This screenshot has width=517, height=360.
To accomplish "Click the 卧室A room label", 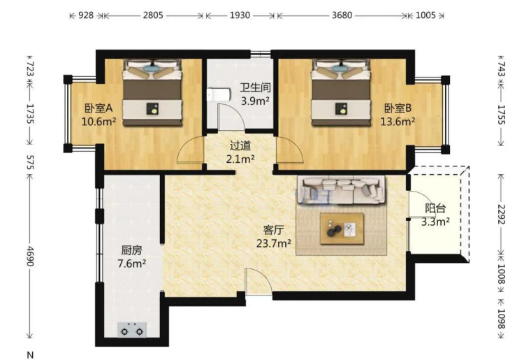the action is [99, 108].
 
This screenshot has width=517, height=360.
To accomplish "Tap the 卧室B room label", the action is [398, 108].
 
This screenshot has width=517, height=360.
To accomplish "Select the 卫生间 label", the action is [255, 87].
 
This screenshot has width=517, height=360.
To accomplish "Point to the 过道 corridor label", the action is [240, 145].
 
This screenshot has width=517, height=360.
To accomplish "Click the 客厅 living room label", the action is [274, 230].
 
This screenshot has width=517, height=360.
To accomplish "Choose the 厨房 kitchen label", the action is [131, 250].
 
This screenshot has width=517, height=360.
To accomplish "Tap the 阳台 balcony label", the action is [435, 208].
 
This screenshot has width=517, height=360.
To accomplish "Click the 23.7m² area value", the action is [274, 243].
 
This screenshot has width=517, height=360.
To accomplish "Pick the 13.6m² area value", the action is [398, 122].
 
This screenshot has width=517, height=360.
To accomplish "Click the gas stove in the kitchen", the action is [132, 330].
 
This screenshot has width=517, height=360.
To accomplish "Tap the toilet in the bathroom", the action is [218, 94].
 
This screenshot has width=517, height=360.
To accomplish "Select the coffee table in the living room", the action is [342, 229].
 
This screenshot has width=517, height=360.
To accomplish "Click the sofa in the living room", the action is [341, 190].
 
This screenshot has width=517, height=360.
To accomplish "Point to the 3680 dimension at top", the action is [342, 15].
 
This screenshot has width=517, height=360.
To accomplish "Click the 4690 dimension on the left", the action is [30, 256].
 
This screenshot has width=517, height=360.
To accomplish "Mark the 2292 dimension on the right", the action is [501, 215].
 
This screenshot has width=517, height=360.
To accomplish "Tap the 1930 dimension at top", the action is [240, 15].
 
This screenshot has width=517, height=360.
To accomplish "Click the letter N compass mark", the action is [30, 355].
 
